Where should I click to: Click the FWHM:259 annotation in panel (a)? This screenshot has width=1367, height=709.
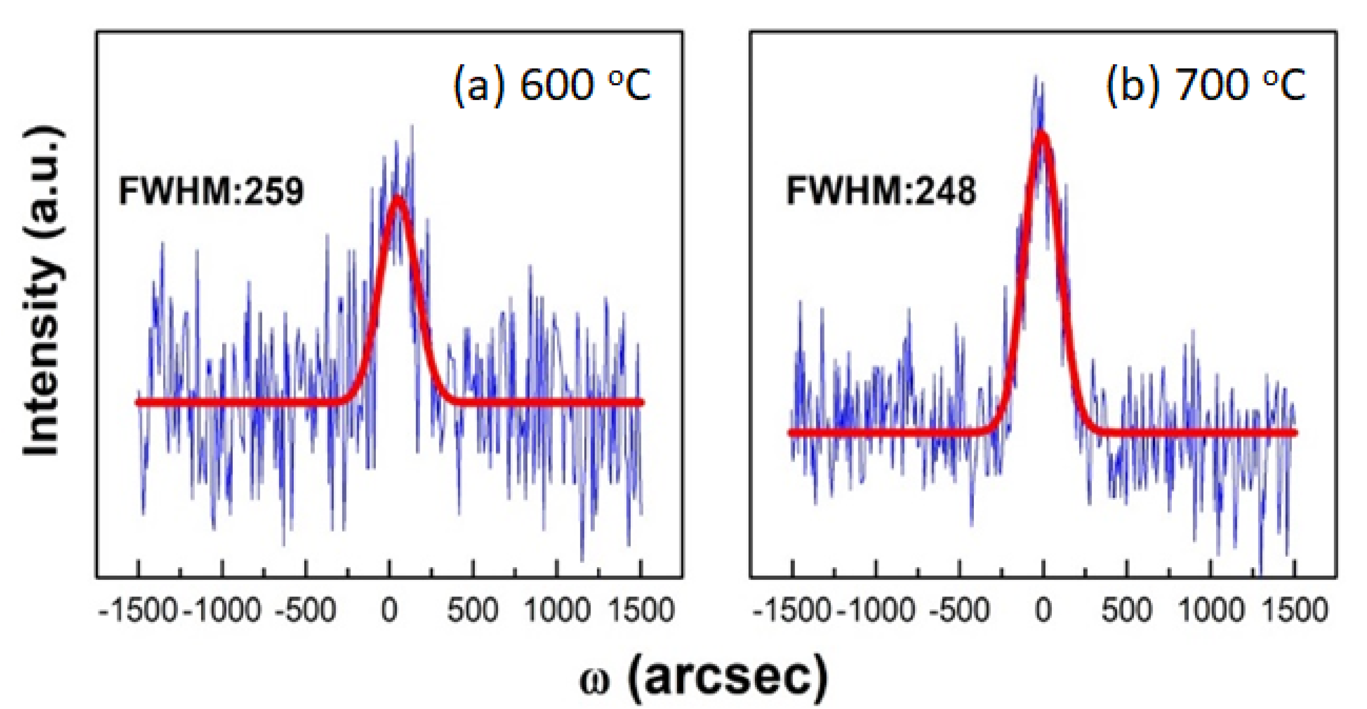coord(211,191)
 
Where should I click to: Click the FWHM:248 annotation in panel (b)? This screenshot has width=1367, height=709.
coord(880,191)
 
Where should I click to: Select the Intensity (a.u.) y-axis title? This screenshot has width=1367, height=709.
coord(43,290)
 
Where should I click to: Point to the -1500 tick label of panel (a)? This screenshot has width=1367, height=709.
coord(138,610)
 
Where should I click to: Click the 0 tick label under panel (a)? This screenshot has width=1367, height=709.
coord(390,610)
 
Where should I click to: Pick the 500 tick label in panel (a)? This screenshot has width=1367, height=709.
coord(472,610)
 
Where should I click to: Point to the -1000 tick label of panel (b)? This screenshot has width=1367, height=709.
coord(876,610)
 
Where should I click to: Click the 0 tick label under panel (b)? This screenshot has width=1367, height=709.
coord(1043,610)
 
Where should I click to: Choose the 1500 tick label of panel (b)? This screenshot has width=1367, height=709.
coord(1295,610)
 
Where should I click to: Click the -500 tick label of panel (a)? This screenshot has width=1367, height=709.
coord(306,610)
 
